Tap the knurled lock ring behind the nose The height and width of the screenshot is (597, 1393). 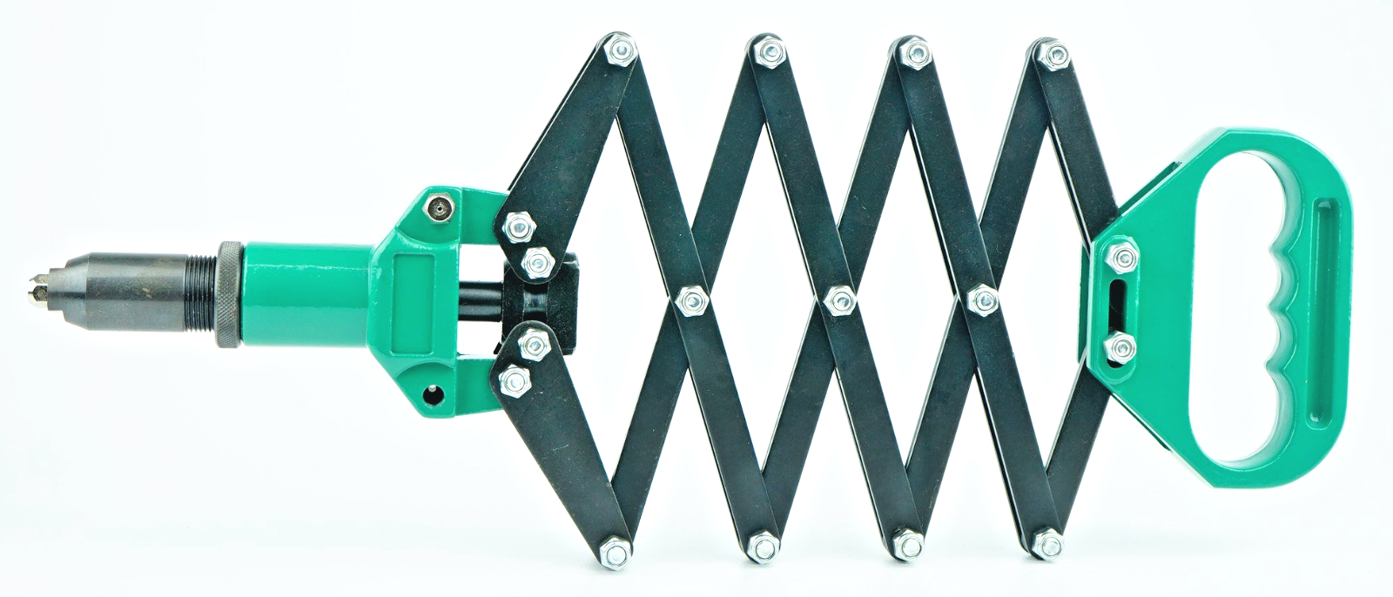point(228,293)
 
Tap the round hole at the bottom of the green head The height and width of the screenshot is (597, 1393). point(433,395)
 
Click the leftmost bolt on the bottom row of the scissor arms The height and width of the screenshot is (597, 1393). point(614,551)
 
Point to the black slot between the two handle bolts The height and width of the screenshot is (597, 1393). point(1118,301)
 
